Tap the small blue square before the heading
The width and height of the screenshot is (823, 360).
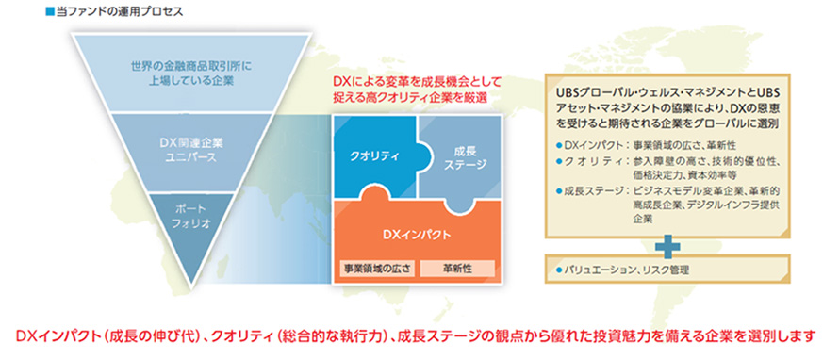pyautogui.click(x=51, y=11)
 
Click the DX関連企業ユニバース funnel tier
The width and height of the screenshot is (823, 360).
pyautogui.click(x=189, y=151)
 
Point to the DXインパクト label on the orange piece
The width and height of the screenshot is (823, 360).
pyautogui.click(x=417, y=235)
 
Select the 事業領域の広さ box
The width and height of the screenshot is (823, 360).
pyautogui.click(x=377, y=269)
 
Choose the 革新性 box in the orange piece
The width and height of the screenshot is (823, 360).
pyautogui.click(x=457, y=269)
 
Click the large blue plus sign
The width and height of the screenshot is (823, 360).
pyautogui.click(x=667, y=248)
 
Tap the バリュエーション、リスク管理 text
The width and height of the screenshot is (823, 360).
pyautogui.click(x=626, y=270)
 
